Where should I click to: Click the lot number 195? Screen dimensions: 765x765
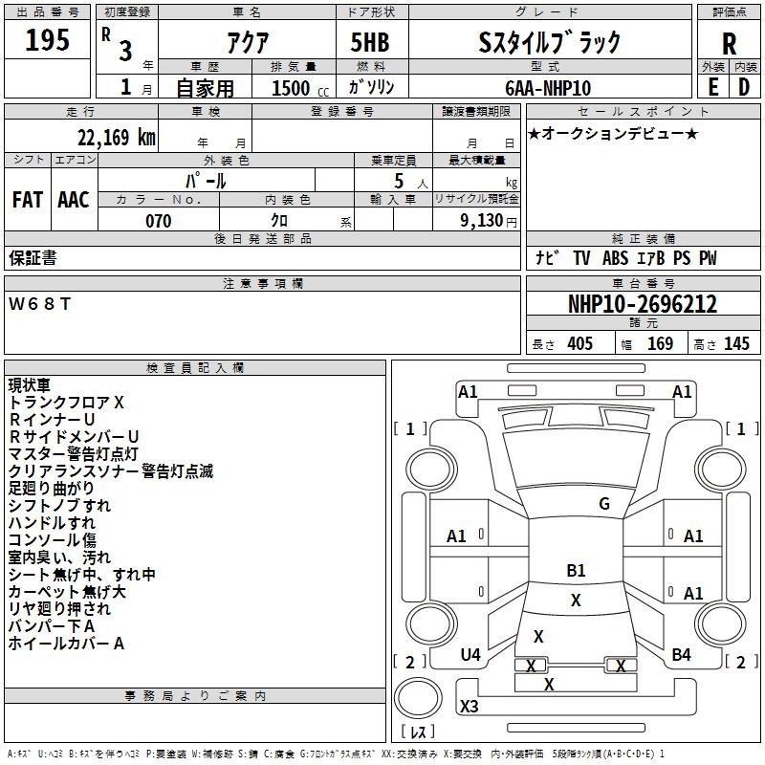click(x=47, y=41)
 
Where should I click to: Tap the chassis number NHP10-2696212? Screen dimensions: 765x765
click(x=643, y=304)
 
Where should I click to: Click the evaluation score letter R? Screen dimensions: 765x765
click(x=729, y=43)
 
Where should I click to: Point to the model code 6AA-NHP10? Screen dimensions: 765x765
click(x=548, y=88)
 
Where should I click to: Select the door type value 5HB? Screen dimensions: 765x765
click(x=369, y=42)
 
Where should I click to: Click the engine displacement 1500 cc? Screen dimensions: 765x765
click(x=293, y=88)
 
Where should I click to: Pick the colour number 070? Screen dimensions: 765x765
click(x=158, y=221)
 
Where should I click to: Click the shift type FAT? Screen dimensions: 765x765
click(x=27, y=200)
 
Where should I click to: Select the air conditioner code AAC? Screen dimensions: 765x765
click(x=73, y=200)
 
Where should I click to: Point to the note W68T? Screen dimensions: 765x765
click(x=40, y=304)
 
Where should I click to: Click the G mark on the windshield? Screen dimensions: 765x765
click(x=604, y=504)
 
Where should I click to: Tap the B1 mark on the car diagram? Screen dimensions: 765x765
click(x=576, y=571)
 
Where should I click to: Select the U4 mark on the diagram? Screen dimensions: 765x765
click(x=470, y=654)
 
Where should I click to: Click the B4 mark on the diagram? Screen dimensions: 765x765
click(x=681, y=654)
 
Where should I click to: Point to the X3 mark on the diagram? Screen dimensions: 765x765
click(x=469, y=707)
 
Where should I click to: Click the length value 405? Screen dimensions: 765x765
click(x=579, y=344)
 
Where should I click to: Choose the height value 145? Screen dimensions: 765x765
click(x=736, y=344)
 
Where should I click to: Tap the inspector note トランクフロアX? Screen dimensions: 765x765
click(x=66, y=403)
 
